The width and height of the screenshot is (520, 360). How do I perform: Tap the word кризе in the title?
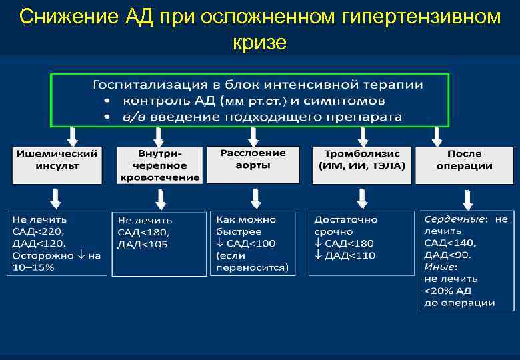[x=260, y=43]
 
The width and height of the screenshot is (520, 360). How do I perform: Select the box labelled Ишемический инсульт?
[x=57, y=165]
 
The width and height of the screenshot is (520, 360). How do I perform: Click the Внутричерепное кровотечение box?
[x=160, y=165]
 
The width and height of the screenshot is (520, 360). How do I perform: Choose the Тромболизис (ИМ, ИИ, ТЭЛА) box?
[x=361, y=165]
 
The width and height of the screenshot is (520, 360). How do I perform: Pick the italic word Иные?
[x=439, y=267]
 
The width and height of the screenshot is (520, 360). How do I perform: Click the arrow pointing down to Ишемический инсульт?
[x=72, y=136]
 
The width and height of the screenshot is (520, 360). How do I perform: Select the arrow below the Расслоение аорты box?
[x=254, y=198]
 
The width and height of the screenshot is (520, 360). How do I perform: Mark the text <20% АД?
[x=448, y=291]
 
